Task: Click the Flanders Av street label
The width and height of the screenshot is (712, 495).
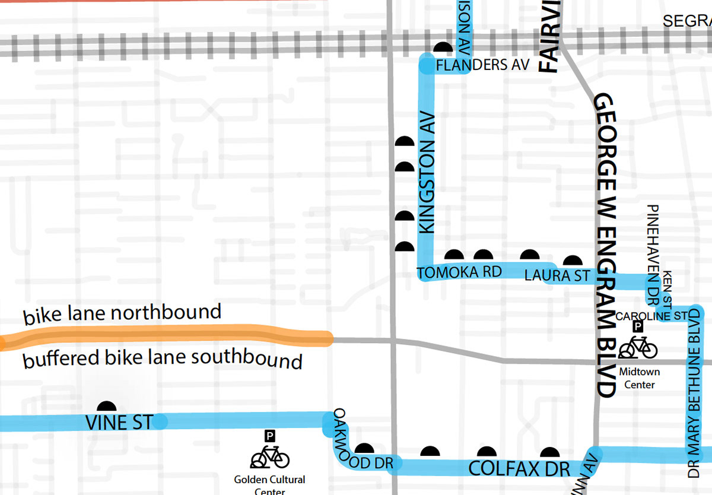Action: (x=482, y=65)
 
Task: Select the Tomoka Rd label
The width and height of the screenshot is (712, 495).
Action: (x=460, y=272)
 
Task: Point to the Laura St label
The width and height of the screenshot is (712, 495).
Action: (x=557, y=275)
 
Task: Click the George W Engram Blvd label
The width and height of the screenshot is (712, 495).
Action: (x=605, y=243)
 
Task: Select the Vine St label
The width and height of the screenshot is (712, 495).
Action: (x=118, y=423)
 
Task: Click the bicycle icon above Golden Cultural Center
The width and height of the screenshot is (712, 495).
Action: (x=270, y=458)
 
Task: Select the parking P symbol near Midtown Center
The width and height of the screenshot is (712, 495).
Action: (x=638, y=326)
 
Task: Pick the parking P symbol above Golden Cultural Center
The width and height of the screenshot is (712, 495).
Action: (x=269, y=437)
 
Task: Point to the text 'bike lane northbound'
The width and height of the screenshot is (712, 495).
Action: (x=122, y=314)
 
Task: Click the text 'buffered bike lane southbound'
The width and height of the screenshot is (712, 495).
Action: (x=163, y=359)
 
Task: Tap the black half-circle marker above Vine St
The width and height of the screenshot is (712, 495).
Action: (x=107, y=407)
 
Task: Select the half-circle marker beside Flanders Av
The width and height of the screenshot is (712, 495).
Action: (x=443, y=47)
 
